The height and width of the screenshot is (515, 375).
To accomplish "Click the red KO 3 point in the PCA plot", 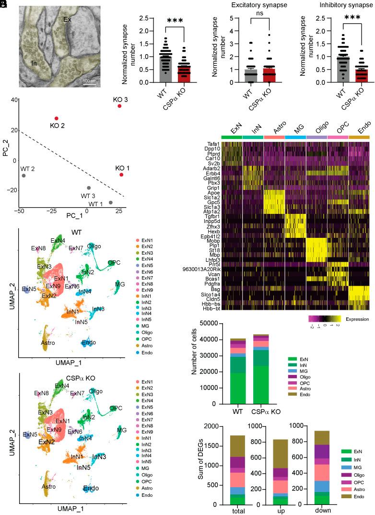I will (119, 106).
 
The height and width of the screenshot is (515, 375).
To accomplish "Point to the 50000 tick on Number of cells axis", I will (214, 324).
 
